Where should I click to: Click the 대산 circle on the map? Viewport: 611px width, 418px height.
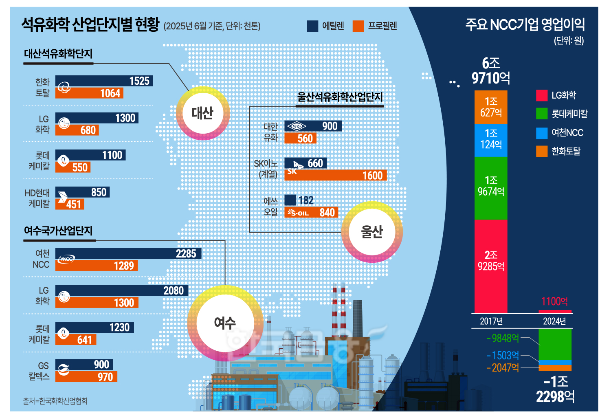[x=202, y=113]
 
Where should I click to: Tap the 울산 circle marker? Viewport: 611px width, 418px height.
[x=371, y=232]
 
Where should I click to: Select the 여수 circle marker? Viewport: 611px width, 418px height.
[x=224, y=323]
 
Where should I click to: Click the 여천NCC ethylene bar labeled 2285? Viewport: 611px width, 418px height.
[x=128, y=253]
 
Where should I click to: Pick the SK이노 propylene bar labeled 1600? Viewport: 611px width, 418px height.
[x=335, y=176]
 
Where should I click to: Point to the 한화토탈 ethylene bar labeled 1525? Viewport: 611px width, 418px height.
[x=104, y=81]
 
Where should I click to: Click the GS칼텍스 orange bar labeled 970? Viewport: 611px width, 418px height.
[x=86, y=377]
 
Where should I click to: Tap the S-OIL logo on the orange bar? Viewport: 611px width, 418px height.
[x=298, y=213]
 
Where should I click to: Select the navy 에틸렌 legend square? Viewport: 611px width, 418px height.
[x=312, y=26]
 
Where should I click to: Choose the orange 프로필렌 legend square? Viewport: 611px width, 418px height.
[x=358, y=26]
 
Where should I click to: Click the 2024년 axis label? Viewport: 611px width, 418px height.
[x=554, y=321]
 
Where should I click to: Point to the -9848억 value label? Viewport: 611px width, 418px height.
[x=503, y=338]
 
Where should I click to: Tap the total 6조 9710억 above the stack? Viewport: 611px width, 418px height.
[x=491, y=70]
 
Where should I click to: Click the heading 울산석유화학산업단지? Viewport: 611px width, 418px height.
[x=340, y=97]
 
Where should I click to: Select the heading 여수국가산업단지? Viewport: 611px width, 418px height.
[x=58, y=231]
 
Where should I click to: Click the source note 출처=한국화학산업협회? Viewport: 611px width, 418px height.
[x=55, y=401]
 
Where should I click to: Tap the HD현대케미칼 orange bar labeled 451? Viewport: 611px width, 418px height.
[x=70, y=204]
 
